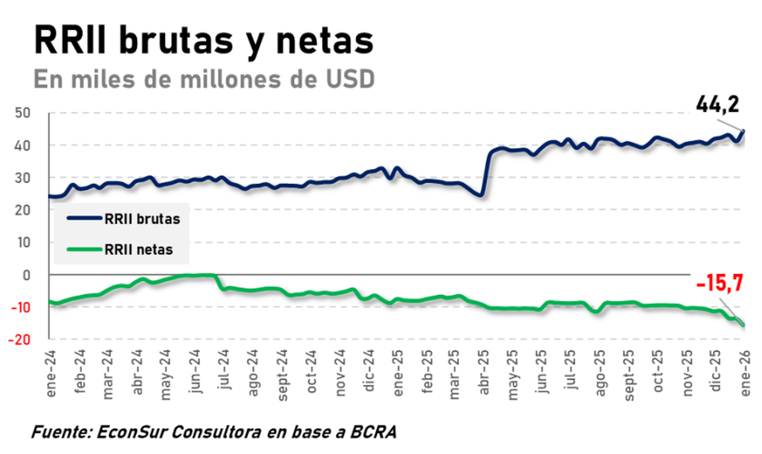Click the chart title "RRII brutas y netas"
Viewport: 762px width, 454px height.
(203, 40)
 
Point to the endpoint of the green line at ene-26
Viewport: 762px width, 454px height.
(744, 326)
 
